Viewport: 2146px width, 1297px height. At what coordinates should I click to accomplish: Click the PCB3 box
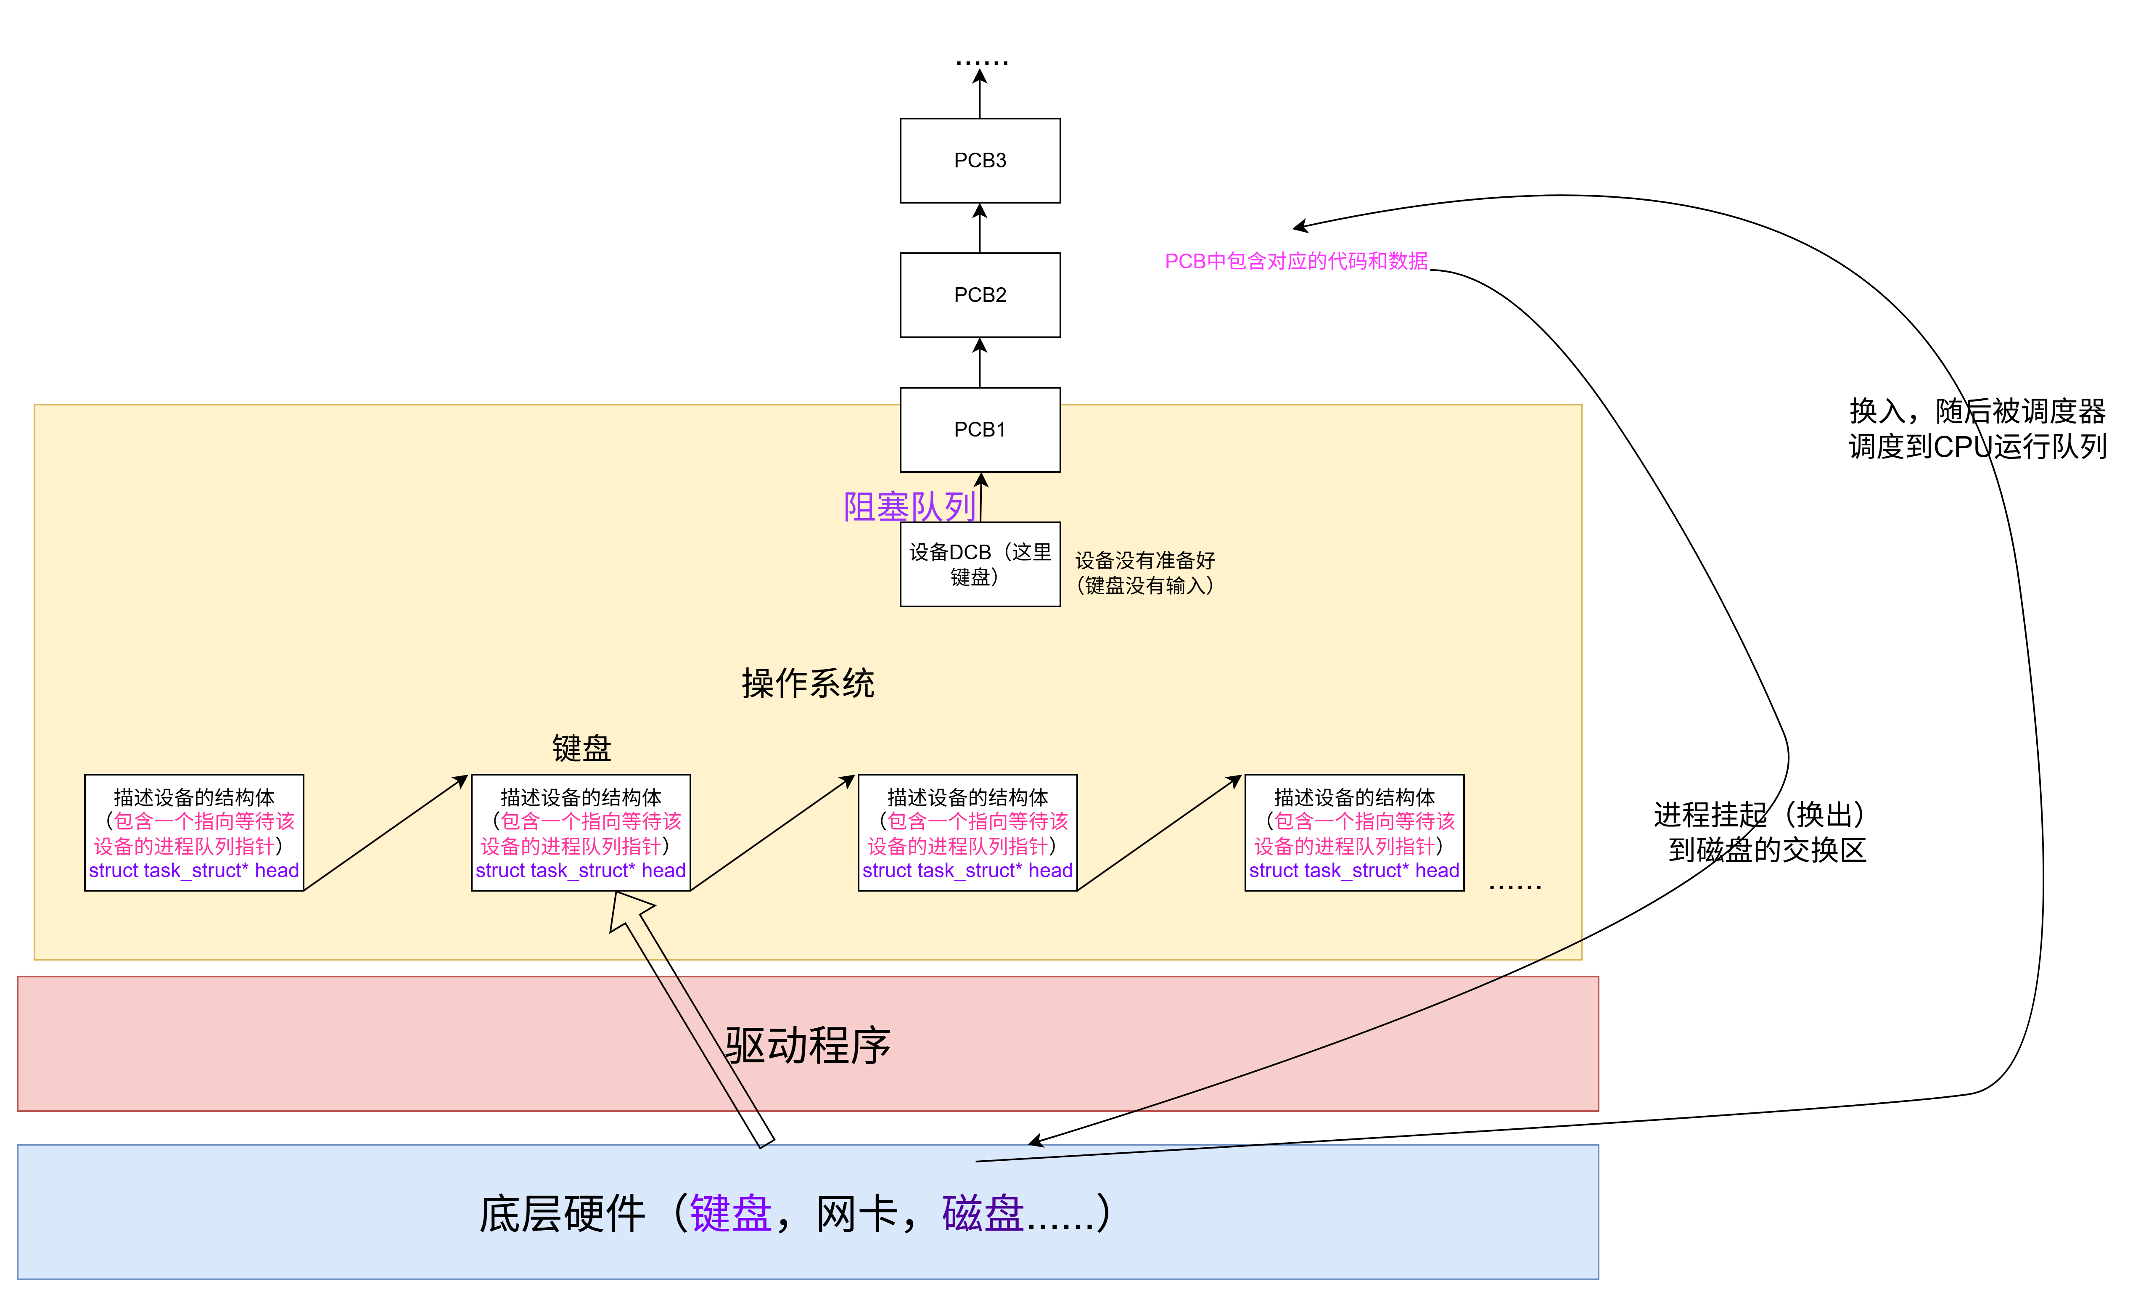tap(980, 160)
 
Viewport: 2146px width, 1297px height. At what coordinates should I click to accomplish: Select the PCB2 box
tap(980, 295)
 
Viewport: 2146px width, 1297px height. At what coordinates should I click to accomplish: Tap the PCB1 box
tap(980, 429)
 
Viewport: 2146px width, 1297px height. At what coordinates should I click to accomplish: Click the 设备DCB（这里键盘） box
tap(980, 564)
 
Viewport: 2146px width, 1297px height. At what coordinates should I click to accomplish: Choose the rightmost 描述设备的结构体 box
tap(1354, 833)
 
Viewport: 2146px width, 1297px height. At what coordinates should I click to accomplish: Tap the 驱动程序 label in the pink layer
tap(807, 1045)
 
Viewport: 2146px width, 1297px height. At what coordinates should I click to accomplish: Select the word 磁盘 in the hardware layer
tap(983, 1213)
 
